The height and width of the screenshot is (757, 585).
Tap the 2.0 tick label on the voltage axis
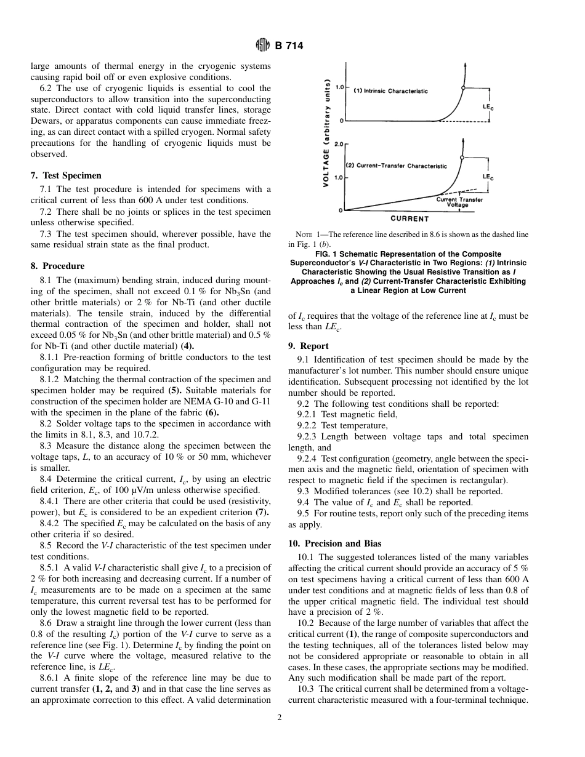click(338, 143)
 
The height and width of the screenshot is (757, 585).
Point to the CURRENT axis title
click(410, 218)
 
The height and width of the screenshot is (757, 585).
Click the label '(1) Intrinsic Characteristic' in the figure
click(390, 91)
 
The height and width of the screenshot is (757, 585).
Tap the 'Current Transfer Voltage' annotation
click(459, 202)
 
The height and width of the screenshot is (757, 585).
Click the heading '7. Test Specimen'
click(66, 175)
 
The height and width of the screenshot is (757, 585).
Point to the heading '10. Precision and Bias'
click(334, 543)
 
